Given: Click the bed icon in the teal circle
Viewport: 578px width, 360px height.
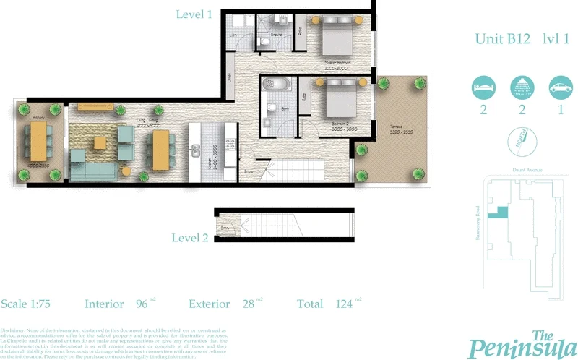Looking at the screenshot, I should pos(483,88).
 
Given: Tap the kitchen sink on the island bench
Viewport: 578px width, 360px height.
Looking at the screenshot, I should pos(196,150).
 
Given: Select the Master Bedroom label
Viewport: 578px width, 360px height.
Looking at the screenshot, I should pos(333,64).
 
